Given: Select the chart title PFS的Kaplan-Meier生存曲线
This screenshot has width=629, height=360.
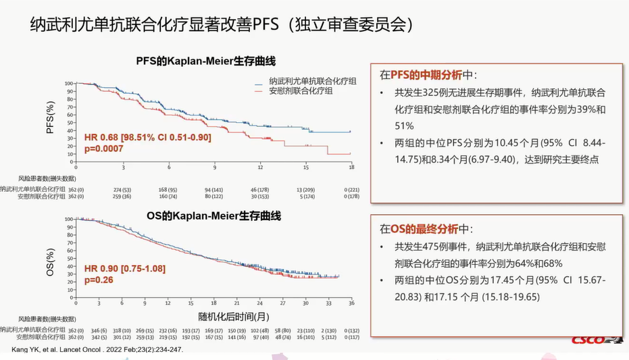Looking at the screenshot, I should [x=205, y=62].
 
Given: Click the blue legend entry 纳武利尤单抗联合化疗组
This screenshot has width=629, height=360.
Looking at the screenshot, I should [x=311, y=81].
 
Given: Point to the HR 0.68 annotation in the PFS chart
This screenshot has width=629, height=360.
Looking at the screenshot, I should [x=147, y=137].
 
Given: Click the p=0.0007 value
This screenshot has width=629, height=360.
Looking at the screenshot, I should [x=102, y=147].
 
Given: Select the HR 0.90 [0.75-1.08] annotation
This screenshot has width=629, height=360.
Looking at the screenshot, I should [x=124, y=269].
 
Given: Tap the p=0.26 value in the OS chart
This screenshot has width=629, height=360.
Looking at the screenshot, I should [x=99, y=279].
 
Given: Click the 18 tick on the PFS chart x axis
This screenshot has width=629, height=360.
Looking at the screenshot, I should [x=351, y=167].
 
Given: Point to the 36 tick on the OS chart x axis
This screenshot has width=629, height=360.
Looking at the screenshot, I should [x=351, y=303].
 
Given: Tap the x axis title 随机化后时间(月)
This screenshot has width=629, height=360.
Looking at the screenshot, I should [x=233, y=315].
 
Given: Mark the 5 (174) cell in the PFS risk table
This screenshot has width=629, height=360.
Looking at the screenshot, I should [x=305, y=197].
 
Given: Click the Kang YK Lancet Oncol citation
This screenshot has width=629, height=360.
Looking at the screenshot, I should [x=97, y=350].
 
